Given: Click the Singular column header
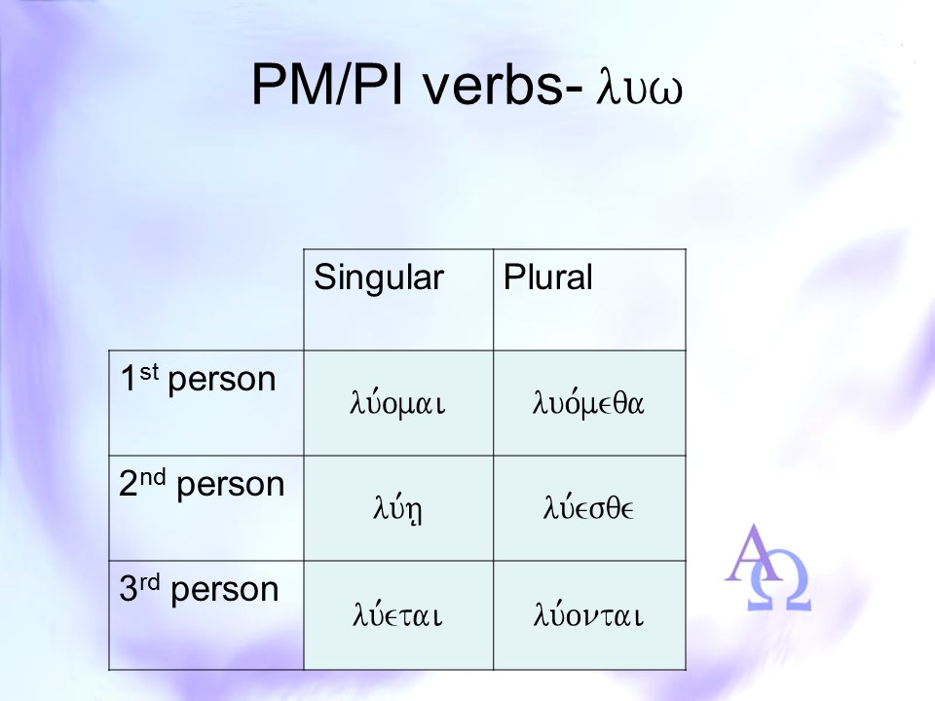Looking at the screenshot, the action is pos(379,277).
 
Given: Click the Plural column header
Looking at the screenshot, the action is pos(548,277).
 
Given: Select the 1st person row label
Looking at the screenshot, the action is pos(198,380).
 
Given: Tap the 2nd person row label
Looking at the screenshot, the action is pos(202,485).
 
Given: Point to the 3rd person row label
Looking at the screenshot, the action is pos(199,590).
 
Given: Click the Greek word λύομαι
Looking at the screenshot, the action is pos(397,403).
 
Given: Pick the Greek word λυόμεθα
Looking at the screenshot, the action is pos(588,402).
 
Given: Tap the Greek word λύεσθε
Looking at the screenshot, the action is pos(588,508).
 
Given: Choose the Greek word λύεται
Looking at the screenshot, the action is pos(397,614).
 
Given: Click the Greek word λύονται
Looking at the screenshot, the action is pos(588,614).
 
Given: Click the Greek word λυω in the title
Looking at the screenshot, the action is pos(639,89).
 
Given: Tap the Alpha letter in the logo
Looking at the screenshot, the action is pos(754,553).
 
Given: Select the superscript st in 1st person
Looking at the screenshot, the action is pos(149,371).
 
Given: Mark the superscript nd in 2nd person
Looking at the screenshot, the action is pos(153,477).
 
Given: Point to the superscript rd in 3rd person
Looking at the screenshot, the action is pos(150,582).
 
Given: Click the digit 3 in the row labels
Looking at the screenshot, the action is pos(129,590).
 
